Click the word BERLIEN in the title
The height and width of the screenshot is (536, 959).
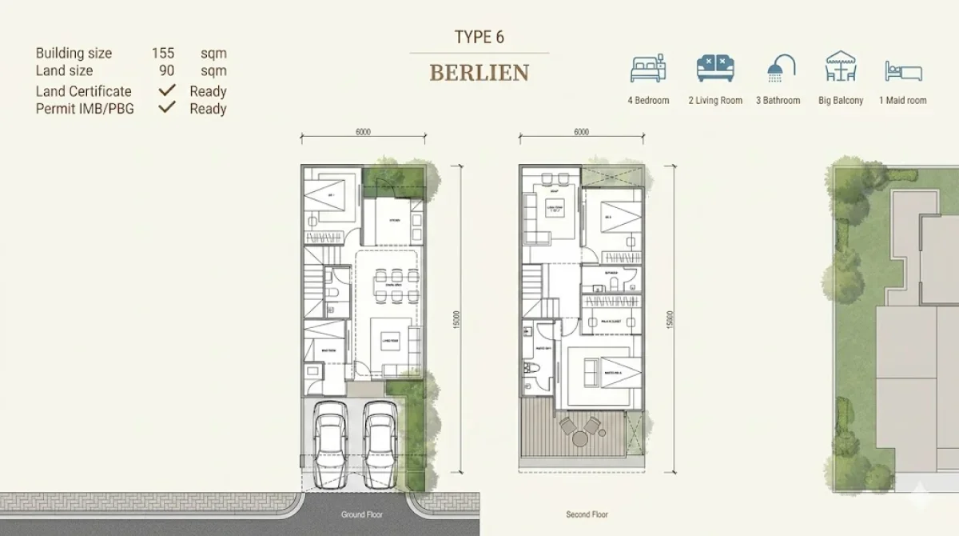coord(479,73)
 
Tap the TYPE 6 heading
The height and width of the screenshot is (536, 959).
coord(479,37)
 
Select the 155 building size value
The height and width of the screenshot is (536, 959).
coord(163,54)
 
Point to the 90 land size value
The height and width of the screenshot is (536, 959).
coord(166,71)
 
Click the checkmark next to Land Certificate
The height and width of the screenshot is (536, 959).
coord(167,90)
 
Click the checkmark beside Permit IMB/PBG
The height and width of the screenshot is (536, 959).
coord(167,107)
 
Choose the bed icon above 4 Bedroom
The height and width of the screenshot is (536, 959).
coord(648,70)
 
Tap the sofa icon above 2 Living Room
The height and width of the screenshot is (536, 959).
coord(715,70)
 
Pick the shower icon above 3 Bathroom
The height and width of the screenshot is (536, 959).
coord(779,70)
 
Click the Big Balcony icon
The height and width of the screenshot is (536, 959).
coord(841,67)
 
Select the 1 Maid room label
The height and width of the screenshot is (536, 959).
coord(903,101)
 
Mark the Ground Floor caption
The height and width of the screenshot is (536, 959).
coord(363,515)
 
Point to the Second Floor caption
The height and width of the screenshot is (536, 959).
coord(587,515)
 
